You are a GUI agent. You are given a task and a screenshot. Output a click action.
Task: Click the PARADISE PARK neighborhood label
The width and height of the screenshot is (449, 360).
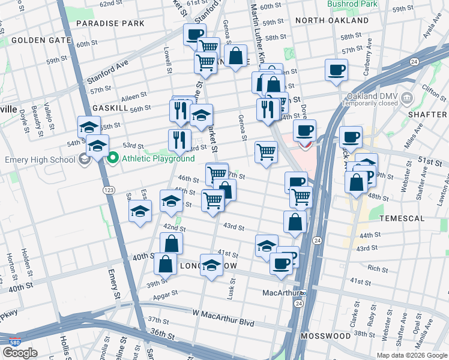pyautogui.click(x=110, y=23)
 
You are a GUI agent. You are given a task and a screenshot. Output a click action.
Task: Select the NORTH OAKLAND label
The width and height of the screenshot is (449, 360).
pyautogui.click(x=332, y=20)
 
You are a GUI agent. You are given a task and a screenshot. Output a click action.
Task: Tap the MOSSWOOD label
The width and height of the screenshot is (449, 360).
pyautogui.click(x=326, y=335)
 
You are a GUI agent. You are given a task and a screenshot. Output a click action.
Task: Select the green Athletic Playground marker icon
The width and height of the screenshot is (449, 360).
pyautogui.click(x=112, y=158)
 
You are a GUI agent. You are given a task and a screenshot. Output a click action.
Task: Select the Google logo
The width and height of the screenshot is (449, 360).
pyautogui.click(x=20, y=353)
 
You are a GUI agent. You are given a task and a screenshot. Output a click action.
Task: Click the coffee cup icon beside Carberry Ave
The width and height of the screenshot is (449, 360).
pyautogui.click(x=336, y=70)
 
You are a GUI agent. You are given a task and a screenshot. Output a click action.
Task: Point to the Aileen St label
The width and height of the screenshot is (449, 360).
pyautogui.click(x=134, y=95)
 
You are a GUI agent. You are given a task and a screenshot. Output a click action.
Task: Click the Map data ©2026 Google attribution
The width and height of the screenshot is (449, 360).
pyautogui.click(x=411, y=355)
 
